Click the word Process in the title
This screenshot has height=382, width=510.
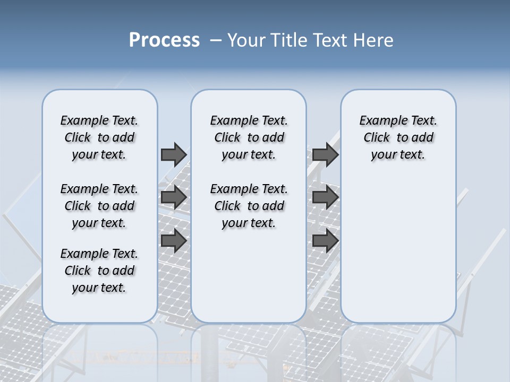[x=164, y=40]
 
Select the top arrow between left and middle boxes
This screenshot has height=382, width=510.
[x=174, y=154]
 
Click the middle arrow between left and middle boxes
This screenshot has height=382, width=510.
[x=174, y=197]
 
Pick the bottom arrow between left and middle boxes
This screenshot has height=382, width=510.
[x=174, y=241]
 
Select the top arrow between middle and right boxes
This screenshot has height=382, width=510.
[x=325, y=154]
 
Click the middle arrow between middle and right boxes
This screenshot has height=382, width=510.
[x=325, y=197]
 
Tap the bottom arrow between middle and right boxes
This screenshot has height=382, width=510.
[x=325, y=241]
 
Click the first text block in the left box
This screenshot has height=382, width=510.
[x=99, y=137]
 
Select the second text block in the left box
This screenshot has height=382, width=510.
[x=99, y=206]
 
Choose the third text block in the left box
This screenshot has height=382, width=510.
[x=99, y=271]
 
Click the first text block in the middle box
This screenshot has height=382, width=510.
[x=249, y=137]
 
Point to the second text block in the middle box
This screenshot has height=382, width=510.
[x=249, y=206]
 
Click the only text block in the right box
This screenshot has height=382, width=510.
[x=398, y=137]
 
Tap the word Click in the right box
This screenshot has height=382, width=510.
[x=377, y=137]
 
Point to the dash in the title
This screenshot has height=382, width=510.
[x=216, y=40]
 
